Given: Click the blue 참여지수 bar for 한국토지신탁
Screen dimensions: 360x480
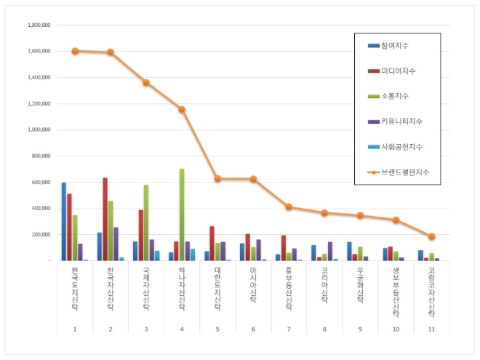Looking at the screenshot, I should (64, 222).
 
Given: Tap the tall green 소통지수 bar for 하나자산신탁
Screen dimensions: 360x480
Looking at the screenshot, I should (182, 215).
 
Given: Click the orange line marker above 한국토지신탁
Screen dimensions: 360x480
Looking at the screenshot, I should (75, 51).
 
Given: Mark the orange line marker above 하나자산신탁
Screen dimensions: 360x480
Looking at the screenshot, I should (182, 109).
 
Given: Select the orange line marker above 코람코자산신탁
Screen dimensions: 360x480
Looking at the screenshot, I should (431, 236).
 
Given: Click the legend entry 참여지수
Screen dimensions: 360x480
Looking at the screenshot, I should (393, 46).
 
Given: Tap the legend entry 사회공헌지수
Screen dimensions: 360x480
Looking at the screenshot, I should (396, 147).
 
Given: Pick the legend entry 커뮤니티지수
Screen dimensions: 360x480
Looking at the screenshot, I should (396, 121).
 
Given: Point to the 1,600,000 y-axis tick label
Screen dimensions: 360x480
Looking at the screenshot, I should (38, 52).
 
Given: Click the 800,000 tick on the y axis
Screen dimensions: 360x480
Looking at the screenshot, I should (40, 156).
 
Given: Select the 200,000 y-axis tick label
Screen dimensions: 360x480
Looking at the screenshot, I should (40, 235).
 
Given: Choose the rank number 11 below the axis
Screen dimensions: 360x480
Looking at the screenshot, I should (431, 329).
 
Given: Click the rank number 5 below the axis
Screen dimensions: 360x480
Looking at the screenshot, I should (217, 329).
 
